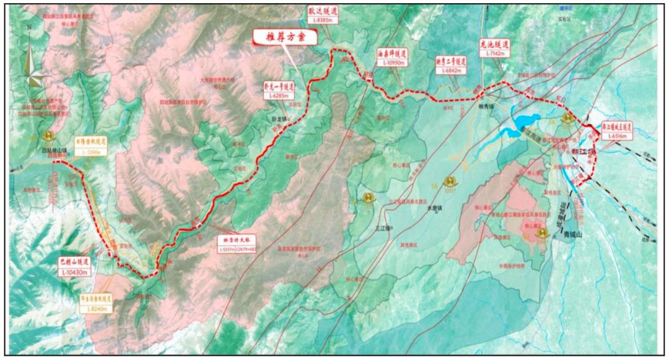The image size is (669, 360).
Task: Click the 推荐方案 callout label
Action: pos(285,37)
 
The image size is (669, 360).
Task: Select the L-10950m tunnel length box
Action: pos(394,63)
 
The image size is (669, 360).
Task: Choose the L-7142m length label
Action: pos(494,54)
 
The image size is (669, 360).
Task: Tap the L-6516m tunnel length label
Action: pos(617,136)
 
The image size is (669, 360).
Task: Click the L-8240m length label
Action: pos(97,307)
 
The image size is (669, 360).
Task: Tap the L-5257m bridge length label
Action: pos(228,249)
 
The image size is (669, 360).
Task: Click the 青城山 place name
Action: pos(574,235)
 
